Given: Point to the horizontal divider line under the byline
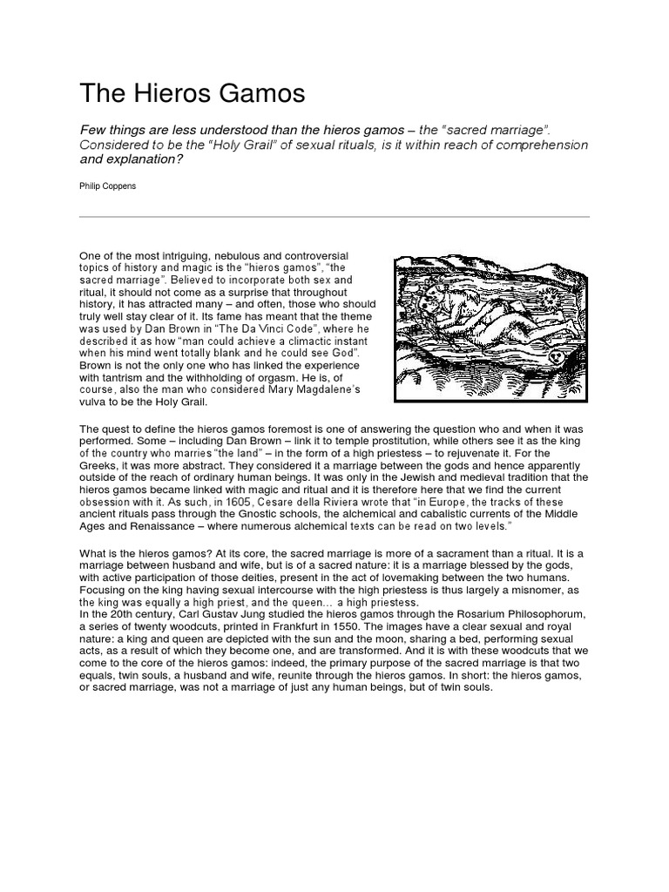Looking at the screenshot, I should tap(334, 216).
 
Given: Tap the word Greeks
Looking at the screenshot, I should tap(98, 465).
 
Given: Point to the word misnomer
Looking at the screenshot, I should tap(543, 590).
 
